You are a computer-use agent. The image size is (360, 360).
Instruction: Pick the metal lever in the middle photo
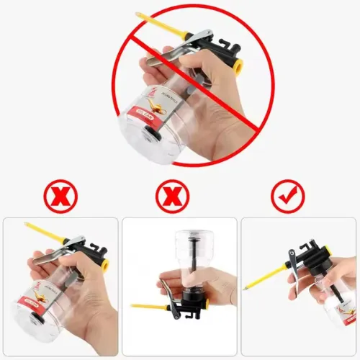click(167, 292)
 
